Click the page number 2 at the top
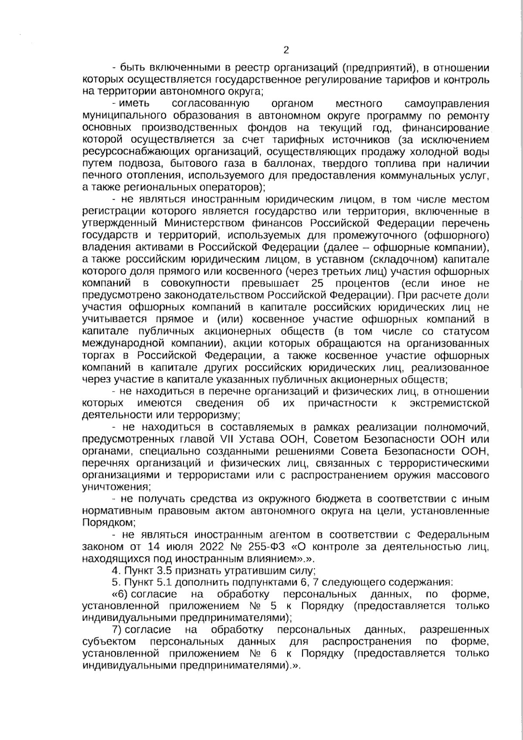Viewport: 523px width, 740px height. tap(286, 50)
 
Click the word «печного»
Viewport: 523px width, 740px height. tap(101, 176)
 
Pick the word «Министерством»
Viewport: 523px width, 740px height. tap(204, 224)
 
